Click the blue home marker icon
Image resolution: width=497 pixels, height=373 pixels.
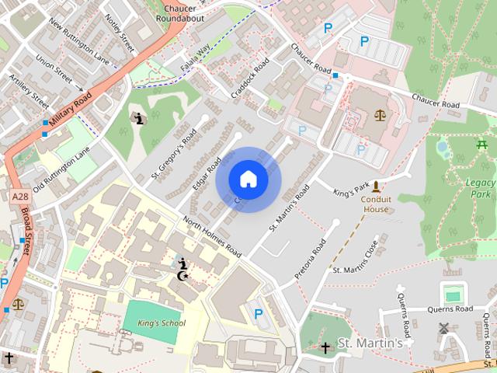click(248, 179)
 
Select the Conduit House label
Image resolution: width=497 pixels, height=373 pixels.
click(377, 204)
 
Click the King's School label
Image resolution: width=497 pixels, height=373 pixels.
click(161, 322)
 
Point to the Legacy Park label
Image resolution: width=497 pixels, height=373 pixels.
click(481, 187)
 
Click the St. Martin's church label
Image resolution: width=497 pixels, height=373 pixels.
click(370, 343)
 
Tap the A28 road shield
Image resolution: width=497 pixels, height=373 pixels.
click(22, 197)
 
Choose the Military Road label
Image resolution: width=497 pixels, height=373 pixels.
click(69, 110)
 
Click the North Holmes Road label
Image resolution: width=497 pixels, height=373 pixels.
click(212, 237)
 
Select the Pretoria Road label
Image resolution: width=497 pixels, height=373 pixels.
click(311, 259)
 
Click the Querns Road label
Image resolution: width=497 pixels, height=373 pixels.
click(450, 309)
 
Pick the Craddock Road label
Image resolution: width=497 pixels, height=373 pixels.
click(250, 77)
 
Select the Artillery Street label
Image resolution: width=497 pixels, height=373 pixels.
click(30, 91)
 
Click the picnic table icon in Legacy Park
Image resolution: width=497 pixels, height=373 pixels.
click(481, 144)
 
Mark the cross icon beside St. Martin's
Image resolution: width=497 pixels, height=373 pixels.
click(325, 347)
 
